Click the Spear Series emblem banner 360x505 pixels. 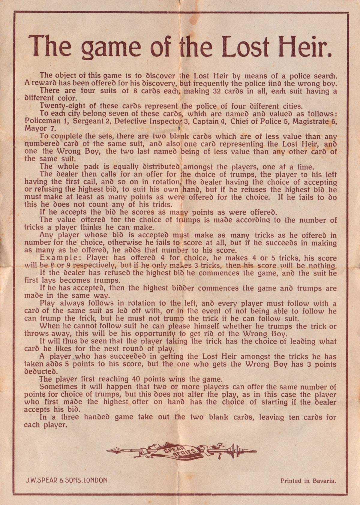click(181, 450)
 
